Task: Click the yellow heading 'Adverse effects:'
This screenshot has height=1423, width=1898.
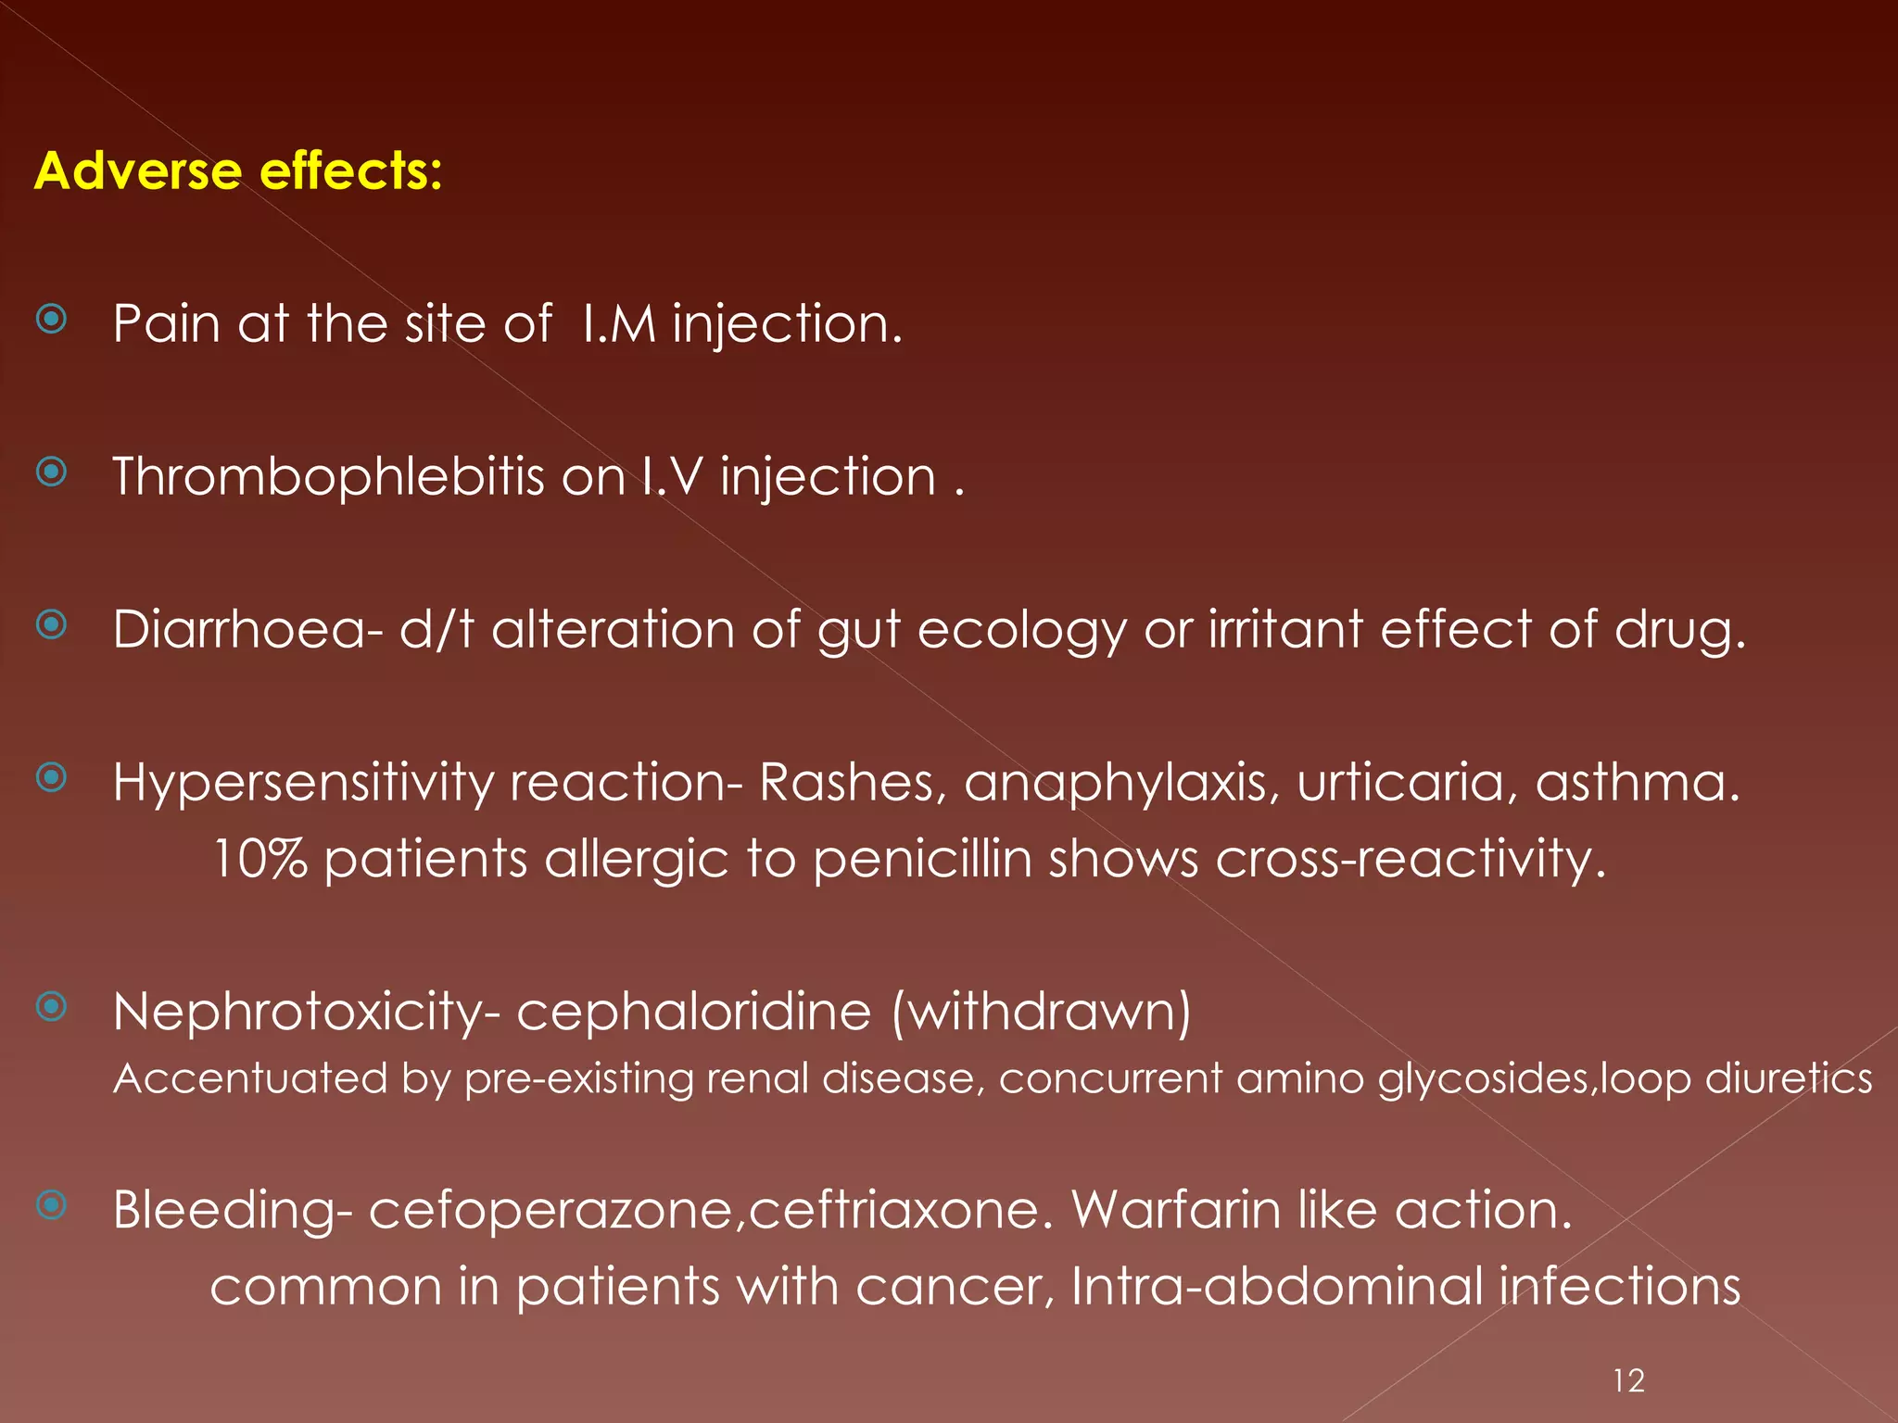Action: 238,171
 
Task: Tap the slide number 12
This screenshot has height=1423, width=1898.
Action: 1628,1381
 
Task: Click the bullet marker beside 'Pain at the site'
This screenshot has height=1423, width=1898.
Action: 52,320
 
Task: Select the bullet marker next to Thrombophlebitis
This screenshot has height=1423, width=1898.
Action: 52,472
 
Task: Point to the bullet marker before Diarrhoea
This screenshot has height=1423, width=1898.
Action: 52,625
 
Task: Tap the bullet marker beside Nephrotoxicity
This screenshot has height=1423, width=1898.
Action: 52,1006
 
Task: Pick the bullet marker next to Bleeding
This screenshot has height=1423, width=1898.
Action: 52,1205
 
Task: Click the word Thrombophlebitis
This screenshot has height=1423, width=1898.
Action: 329,478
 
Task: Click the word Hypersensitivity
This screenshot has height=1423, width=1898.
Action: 303,784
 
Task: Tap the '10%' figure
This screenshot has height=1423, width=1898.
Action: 259,860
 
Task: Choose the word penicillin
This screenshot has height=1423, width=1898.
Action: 922,860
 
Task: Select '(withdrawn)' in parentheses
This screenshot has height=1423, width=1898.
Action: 1042,1012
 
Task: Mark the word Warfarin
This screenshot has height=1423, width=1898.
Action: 1175,1211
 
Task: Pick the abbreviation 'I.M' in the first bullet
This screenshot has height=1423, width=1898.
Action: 619,325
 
